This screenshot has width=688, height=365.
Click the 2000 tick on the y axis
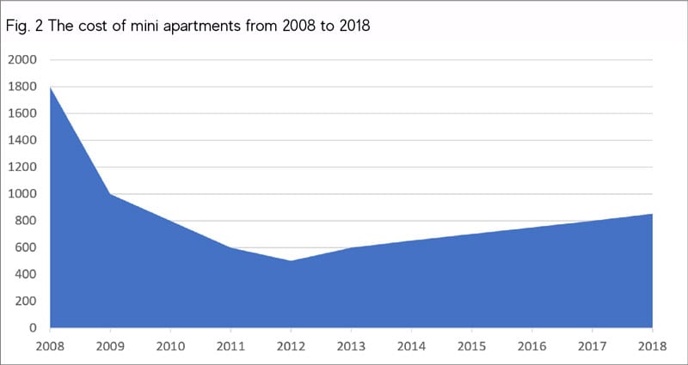22,60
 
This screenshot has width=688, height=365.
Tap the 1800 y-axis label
22,87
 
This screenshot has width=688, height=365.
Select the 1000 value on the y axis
22,194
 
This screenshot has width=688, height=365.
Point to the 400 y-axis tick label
26,274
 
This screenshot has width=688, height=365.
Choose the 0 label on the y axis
33,328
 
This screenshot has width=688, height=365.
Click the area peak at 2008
51,88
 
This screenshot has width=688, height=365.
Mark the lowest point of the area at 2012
291,261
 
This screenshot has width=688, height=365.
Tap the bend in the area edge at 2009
110,194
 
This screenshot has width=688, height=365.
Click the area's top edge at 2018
652,215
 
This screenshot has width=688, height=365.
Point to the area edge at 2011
230,247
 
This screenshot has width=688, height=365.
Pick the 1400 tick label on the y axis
22,140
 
